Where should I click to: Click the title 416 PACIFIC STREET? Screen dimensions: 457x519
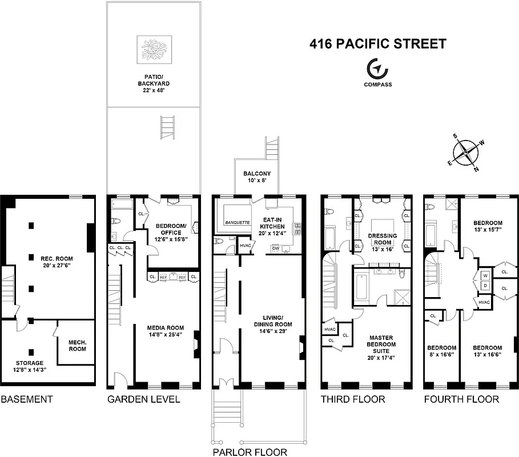pos(377,44)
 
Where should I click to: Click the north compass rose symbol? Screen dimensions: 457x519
pos(467,152)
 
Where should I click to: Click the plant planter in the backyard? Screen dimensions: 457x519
pos(154,49)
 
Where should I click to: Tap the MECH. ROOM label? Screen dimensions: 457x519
pos(77,345)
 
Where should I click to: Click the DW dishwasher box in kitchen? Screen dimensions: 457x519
pos(275,248)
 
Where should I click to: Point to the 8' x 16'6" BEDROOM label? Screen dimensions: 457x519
pos(441,351)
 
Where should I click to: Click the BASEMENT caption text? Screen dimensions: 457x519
pos(27,399)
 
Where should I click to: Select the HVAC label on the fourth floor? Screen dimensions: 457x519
pos(484,302)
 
